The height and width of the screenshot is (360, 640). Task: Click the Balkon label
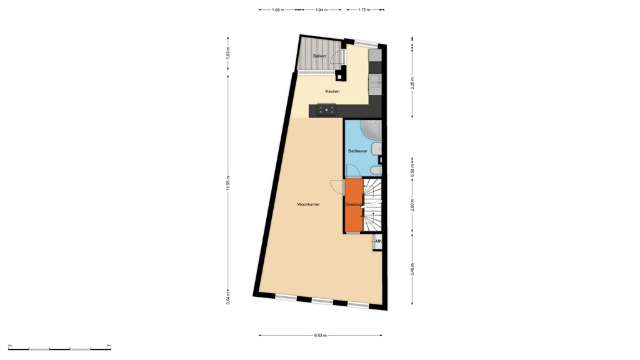coord(319,56)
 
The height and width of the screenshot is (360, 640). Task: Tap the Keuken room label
coord(332,92)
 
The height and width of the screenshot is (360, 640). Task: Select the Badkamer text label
coord(357,151)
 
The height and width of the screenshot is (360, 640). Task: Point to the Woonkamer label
coord(308,204)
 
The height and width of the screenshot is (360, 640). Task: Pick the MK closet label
coord(378,241)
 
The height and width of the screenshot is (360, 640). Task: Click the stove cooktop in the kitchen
coord(326,110)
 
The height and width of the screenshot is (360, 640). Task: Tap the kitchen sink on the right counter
coord(375,80)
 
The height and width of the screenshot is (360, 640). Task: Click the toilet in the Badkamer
coord(376,170)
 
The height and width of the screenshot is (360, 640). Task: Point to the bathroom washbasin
coord(376,149)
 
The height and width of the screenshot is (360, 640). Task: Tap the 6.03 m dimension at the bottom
coord(321,336)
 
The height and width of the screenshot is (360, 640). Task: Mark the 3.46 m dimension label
coord(412,271)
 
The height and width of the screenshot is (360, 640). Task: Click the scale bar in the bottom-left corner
coord(59,348)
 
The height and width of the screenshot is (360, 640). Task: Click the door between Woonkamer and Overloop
coord(336,186)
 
